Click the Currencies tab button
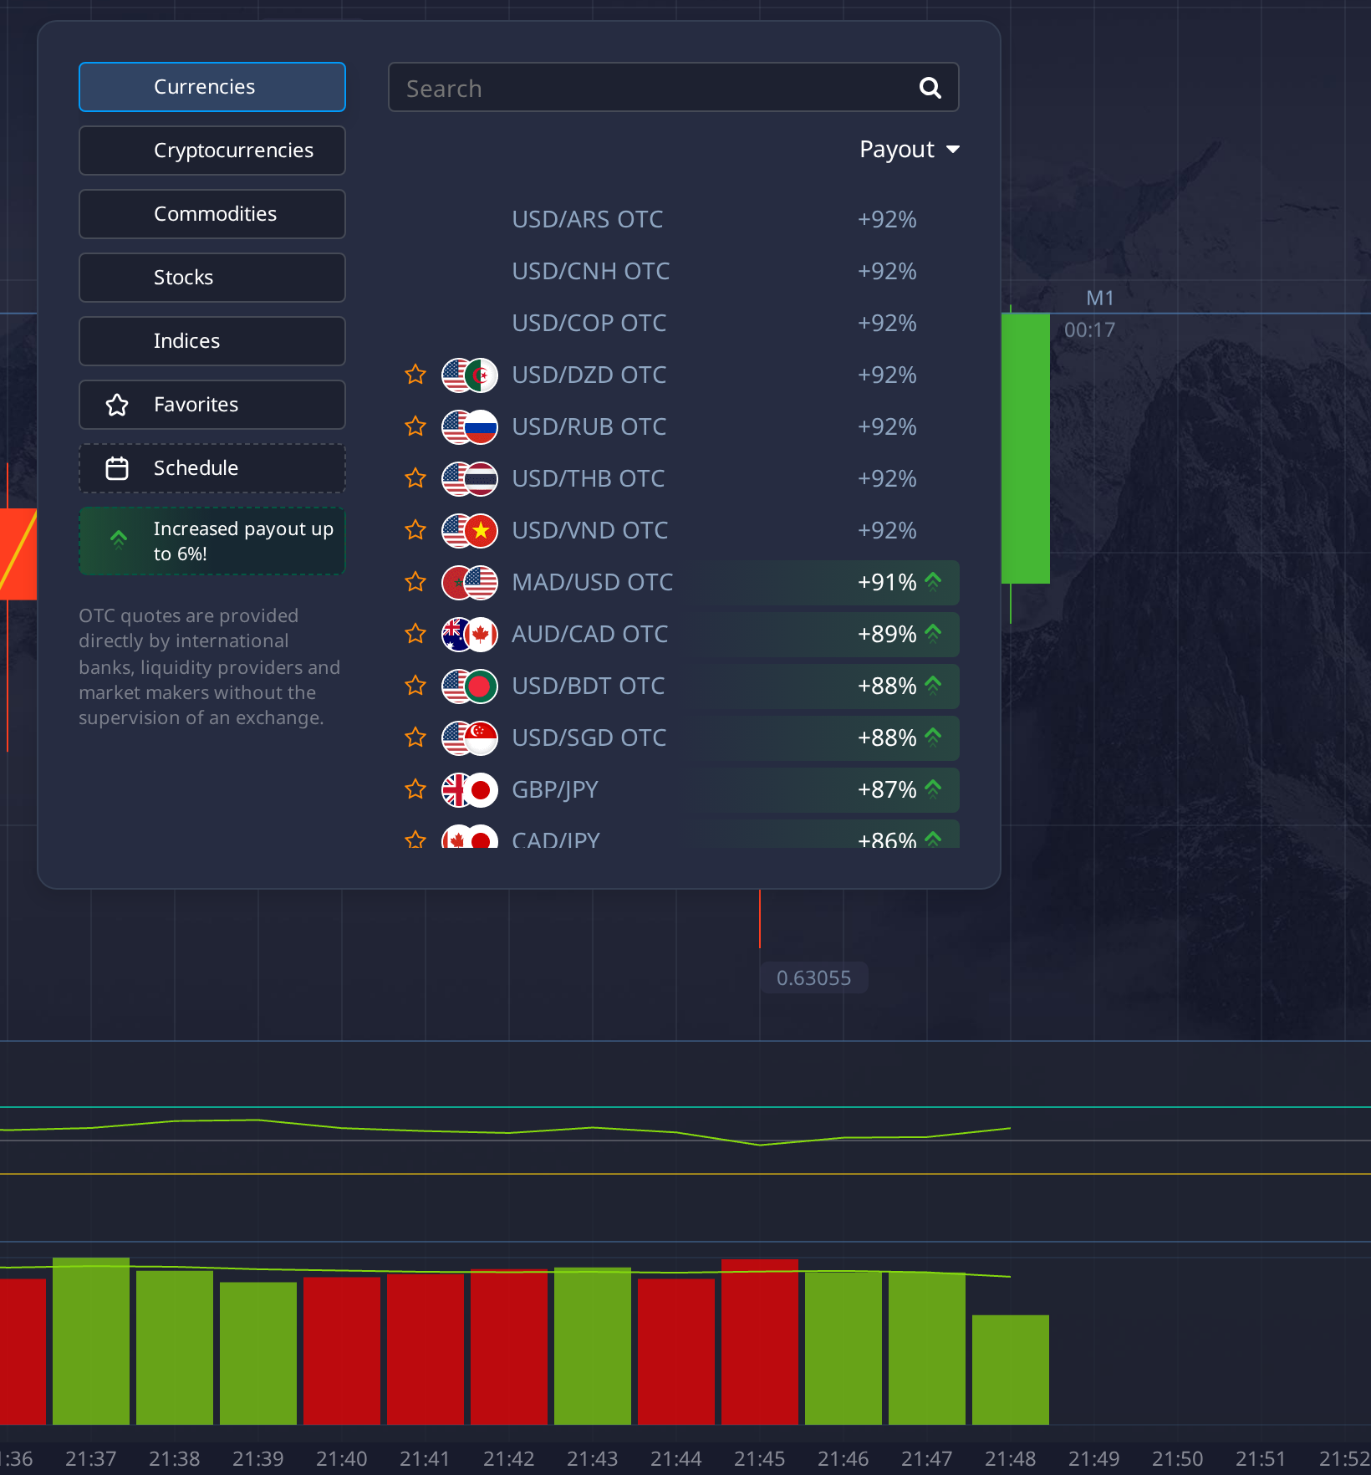[212, 87]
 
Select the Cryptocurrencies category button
[212, 151]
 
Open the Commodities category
[212, 214]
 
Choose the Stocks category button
[212, 278]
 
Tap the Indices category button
[212, 341]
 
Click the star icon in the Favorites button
[117, 405]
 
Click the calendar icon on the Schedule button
[117, 468]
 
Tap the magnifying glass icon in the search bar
[930, 87]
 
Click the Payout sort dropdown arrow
[953, 150]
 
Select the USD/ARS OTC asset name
[587, 219]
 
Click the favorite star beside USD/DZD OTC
[415, 375]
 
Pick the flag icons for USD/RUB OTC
[470, 427]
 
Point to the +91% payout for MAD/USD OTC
[887, 582]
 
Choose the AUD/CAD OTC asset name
[589, 634]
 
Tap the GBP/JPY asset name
[555, 789]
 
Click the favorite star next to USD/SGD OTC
[415, 737]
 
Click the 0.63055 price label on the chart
[813, 977]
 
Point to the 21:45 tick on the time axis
[759, 1458]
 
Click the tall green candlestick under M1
[1026, 448]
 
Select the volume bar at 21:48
[1010, 1370]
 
